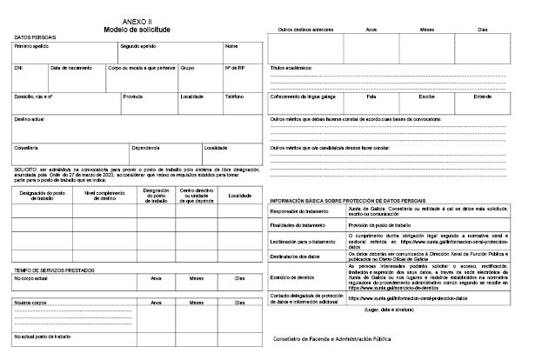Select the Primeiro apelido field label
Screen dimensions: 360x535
[31, 46]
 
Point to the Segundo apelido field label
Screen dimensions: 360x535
[139, 46]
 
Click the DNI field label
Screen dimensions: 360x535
[19, 67]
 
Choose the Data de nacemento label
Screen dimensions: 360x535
[70, 67]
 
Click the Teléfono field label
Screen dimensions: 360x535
[234, 97]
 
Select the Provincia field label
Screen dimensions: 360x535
[133, 97]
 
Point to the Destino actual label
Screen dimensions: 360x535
[30, 117]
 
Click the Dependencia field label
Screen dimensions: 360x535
[145, 147]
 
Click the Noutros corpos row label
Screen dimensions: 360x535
[31, 302]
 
